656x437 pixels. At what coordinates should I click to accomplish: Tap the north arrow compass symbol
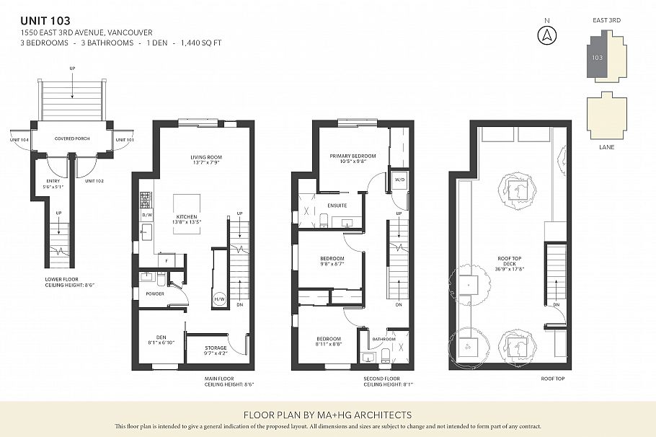point(548,34)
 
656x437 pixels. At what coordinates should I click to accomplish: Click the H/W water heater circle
point(219,299)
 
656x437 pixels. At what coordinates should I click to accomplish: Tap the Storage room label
point(216,350)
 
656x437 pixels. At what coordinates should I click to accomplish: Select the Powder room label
point(154,294)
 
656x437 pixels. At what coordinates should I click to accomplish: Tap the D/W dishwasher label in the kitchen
point(147,215)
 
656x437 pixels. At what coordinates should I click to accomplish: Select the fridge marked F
point(167,260)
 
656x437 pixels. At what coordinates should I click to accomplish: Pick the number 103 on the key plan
point(597,56)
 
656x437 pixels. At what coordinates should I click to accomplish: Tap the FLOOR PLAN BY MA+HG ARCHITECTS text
point(327,415)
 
